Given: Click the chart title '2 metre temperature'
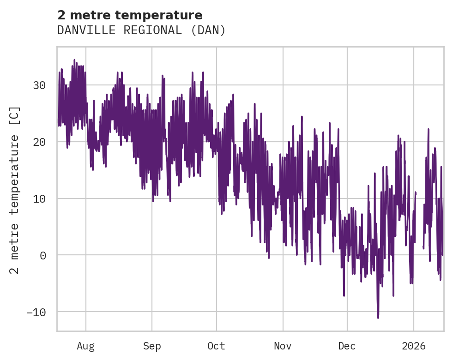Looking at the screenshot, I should [130, 15].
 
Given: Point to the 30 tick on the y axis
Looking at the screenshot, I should [40, 85].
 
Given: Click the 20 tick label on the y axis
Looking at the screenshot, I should [40, 142].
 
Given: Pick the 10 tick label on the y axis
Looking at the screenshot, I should [40, 199].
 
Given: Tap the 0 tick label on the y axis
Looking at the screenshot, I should [43, 255].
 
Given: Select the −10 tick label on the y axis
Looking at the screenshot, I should [37, 312].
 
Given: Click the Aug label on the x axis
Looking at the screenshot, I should [86, 346].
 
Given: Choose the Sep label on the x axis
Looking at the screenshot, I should [151, 346].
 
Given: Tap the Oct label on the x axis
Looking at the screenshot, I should [216, 346].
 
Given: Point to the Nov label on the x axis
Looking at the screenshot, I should [283, 346].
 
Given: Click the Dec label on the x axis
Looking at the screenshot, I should [347, 346].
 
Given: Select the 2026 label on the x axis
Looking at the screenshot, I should [413, 346].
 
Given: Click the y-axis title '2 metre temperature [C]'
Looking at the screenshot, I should [15, 190].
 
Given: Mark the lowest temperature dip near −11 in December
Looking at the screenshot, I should [378, 317].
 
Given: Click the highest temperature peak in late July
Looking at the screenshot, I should [74, 60].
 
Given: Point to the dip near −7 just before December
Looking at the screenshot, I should [344, 295].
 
